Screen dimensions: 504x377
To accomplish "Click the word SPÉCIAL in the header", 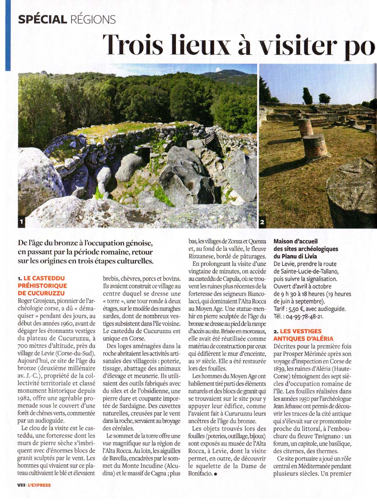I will [42, 19].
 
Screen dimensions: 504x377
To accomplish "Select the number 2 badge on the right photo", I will [263, 221].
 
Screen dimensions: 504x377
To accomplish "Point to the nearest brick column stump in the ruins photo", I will [314, 146].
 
